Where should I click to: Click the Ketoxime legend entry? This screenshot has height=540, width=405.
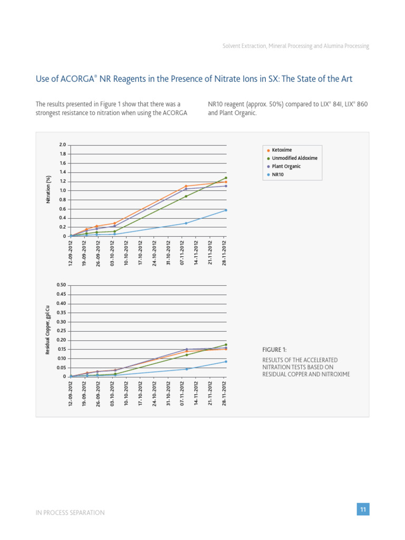point(282,150)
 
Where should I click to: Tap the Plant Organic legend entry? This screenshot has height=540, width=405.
point(286,166)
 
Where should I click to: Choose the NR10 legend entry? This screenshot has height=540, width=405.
point(277,174)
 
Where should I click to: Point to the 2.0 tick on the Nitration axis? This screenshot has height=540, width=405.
point(62,144)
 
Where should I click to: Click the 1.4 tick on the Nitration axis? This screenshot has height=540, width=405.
point(62,172)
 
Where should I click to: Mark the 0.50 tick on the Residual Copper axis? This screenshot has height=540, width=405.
point(61,285)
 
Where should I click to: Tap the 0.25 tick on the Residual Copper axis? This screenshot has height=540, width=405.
point(61,331)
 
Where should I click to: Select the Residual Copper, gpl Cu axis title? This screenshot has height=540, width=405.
point(48,331)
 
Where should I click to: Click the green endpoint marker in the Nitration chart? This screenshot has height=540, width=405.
point(226,178)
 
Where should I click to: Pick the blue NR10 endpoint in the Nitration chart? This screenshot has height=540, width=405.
point(226,210)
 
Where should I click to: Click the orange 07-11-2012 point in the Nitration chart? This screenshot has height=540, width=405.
point(186,186)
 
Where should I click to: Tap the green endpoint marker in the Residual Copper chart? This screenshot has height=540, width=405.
point(226,345)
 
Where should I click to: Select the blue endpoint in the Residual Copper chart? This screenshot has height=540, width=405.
point(226,361)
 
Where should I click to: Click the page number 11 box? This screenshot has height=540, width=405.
point(363,509)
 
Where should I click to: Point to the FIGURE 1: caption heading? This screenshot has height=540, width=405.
point(275,350)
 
